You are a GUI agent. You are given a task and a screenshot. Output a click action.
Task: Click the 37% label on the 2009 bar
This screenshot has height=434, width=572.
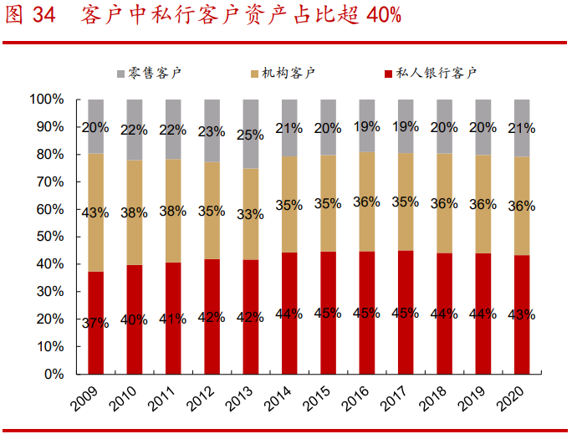pos(95,324)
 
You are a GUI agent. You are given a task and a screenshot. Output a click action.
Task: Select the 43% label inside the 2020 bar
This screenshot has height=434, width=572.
pos(522,314)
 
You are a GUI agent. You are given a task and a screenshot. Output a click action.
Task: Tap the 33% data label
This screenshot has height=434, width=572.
pos(250,214)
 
